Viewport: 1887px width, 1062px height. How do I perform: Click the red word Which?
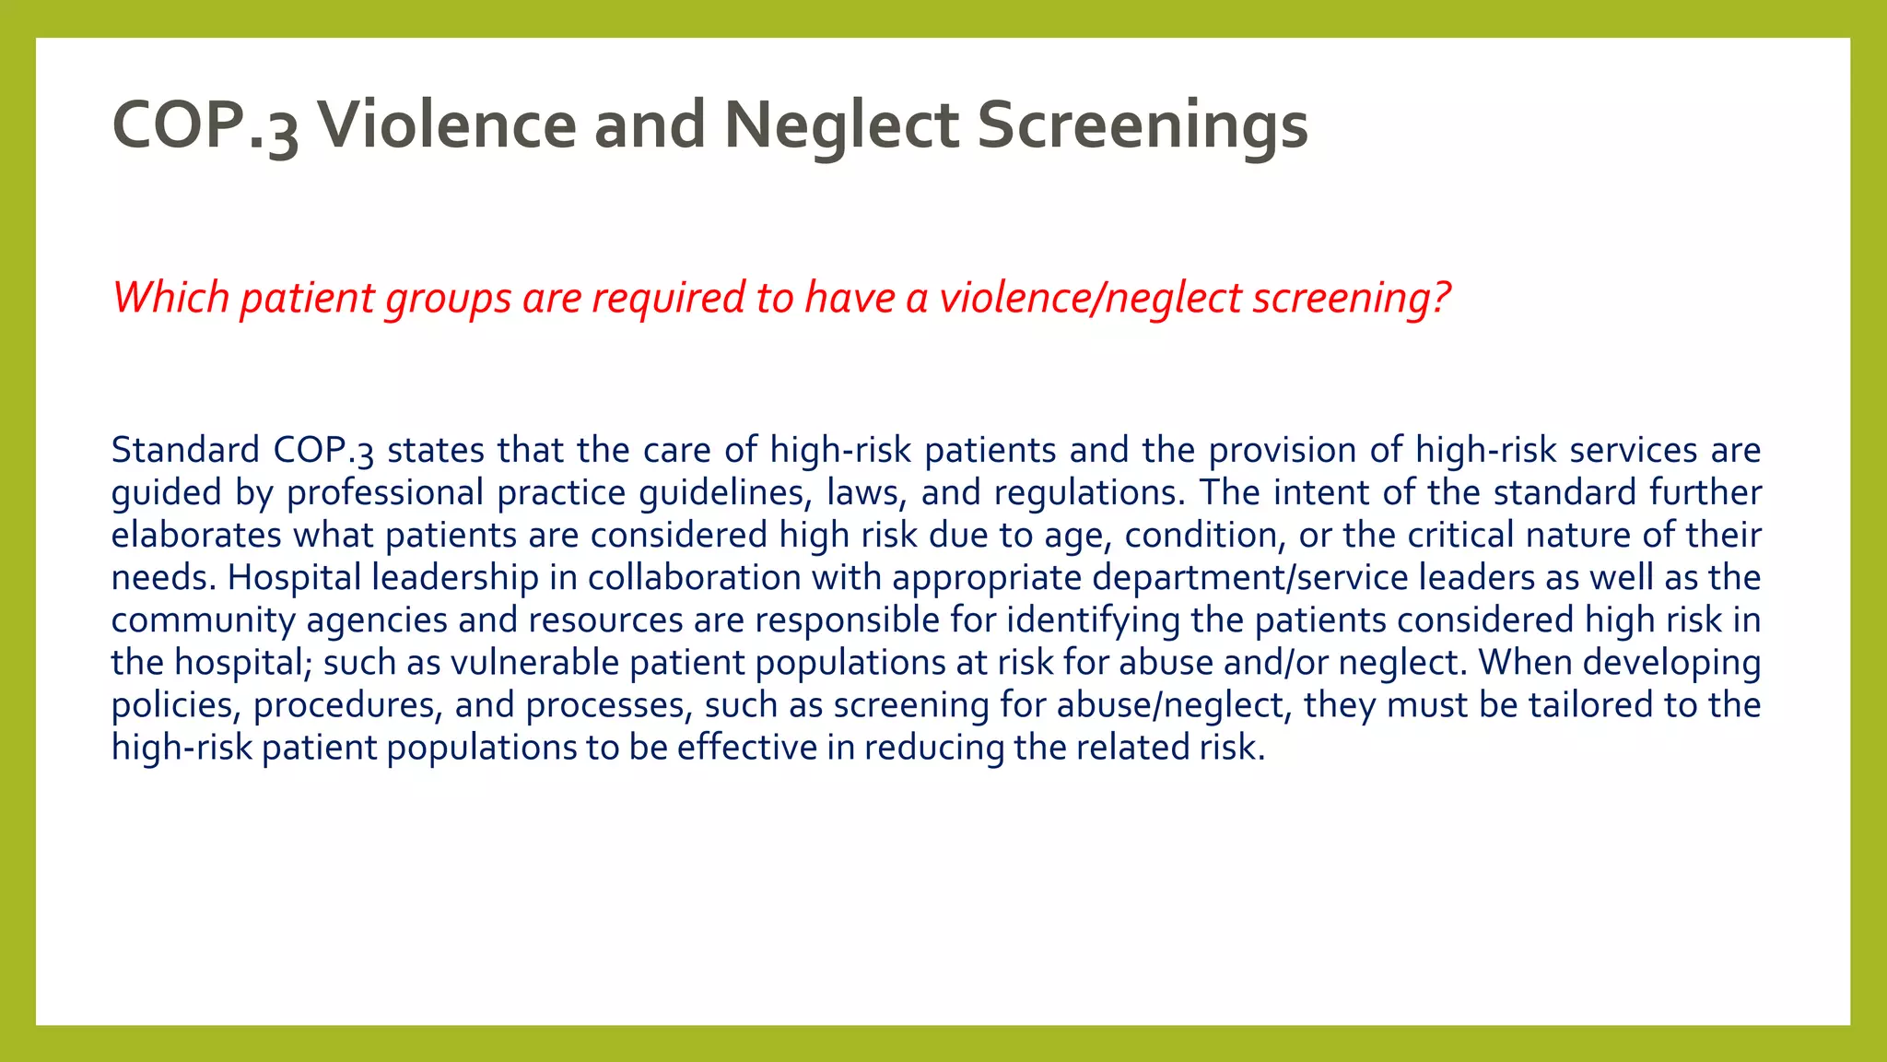click(x=170, y=298)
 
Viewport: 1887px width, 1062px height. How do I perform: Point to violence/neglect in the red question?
click(x=1090, y=298)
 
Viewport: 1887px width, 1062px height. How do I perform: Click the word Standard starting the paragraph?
click(x=185, y=450)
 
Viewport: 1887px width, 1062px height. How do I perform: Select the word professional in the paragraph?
click(x=384, y=492)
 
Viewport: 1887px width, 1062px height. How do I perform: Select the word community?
click(x=203, y=619)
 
